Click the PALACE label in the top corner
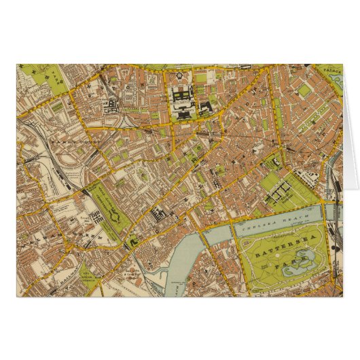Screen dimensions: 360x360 coord(331,69)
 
